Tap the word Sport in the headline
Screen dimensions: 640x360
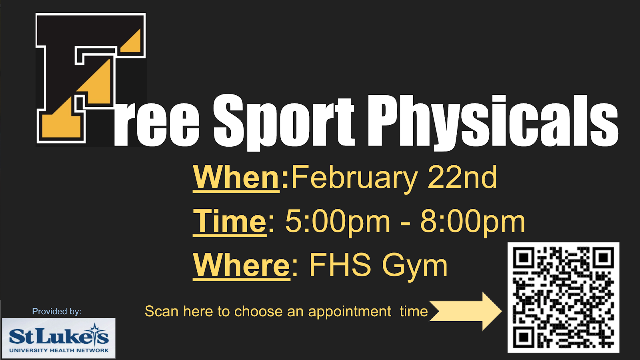(284, 122)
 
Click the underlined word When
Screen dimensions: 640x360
(236, 178)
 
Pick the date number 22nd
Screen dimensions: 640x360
(462, 178)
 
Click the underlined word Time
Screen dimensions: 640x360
(230, 222)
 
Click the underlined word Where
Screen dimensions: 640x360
(242, 266)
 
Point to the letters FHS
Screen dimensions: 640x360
(340, 265)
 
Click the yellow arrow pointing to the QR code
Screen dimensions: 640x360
(466, 311)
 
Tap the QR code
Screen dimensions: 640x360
(563, 298)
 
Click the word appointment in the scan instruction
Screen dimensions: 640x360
(350, 312)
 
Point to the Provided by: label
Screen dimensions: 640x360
(56, 312)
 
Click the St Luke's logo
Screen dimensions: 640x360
(58, 338)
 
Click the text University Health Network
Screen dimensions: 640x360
(59, 350)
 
